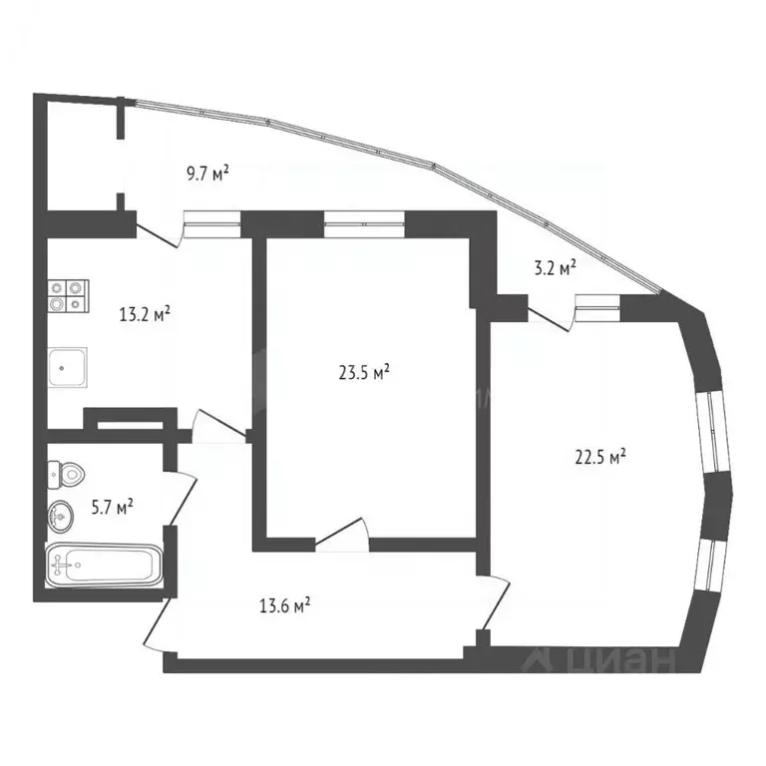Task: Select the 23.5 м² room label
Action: pos(364,373)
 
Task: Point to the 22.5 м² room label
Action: pos(601,458)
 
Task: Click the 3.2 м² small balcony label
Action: pos(557,267)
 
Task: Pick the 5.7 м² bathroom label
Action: pos(112,508)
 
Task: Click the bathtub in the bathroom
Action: pos(104,567)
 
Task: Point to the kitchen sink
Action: pos(68,366)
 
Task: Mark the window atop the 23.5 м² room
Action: pos(364,223)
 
